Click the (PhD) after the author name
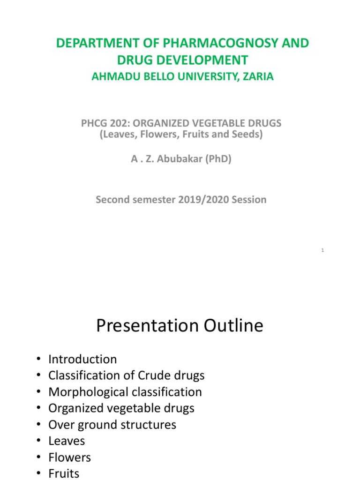(x=218, y=159)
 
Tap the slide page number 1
(x=322, y=251)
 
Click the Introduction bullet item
(x=82, y=360)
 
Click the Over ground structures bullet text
(x=112, y=425)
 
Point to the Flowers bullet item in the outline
(x=70, y=457)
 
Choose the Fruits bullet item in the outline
(x=64, y=473)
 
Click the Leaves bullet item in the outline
(x=67, y=441)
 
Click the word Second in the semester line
(x=112, y=199)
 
